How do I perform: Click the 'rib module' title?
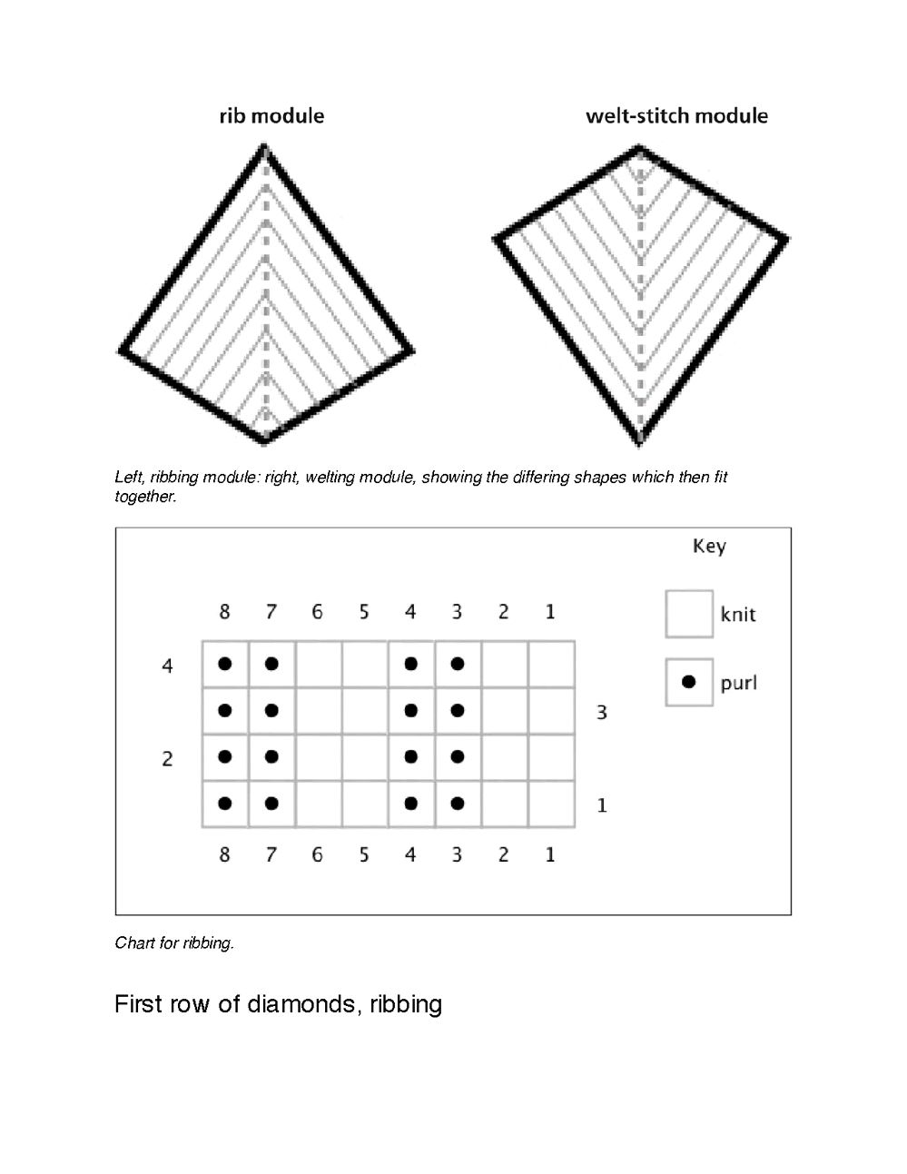271,116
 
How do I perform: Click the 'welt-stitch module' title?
676,116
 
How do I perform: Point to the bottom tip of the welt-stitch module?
640,443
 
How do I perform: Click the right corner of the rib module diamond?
411,350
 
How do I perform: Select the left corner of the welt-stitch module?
497,239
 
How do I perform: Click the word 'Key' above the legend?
709,546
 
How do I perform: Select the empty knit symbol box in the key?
688,614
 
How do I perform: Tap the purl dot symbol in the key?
688,682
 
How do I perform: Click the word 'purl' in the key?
738,683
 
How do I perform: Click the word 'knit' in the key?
738,615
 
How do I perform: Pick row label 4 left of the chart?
167,666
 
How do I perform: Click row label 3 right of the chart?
601,713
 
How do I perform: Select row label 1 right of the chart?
601,805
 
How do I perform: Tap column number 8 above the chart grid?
224,612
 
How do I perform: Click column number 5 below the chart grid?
364,854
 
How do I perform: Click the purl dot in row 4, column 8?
225,664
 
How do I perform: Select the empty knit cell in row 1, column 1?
551,804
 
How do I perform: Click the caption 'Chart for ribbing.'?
174,943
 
